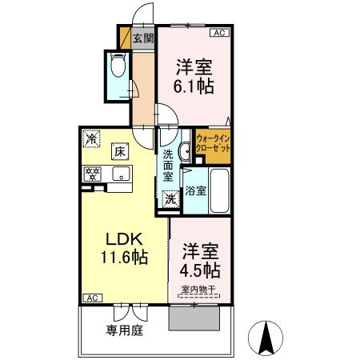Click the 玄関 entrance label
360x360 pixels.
[x=143, y=38]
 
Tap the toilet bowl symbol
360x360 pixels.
[x=118, y=64]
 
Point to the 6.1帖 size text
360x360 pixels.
[x=194, y=85]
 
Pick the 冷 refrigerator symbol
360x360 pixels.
[x=91, y=138]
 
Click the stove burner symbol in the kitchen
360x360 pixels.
[x=91, y=173]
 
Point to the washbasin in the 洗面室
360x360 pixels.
[x=184, y=151]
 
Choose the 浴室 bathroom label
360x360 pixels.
[x=194, y=190]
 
